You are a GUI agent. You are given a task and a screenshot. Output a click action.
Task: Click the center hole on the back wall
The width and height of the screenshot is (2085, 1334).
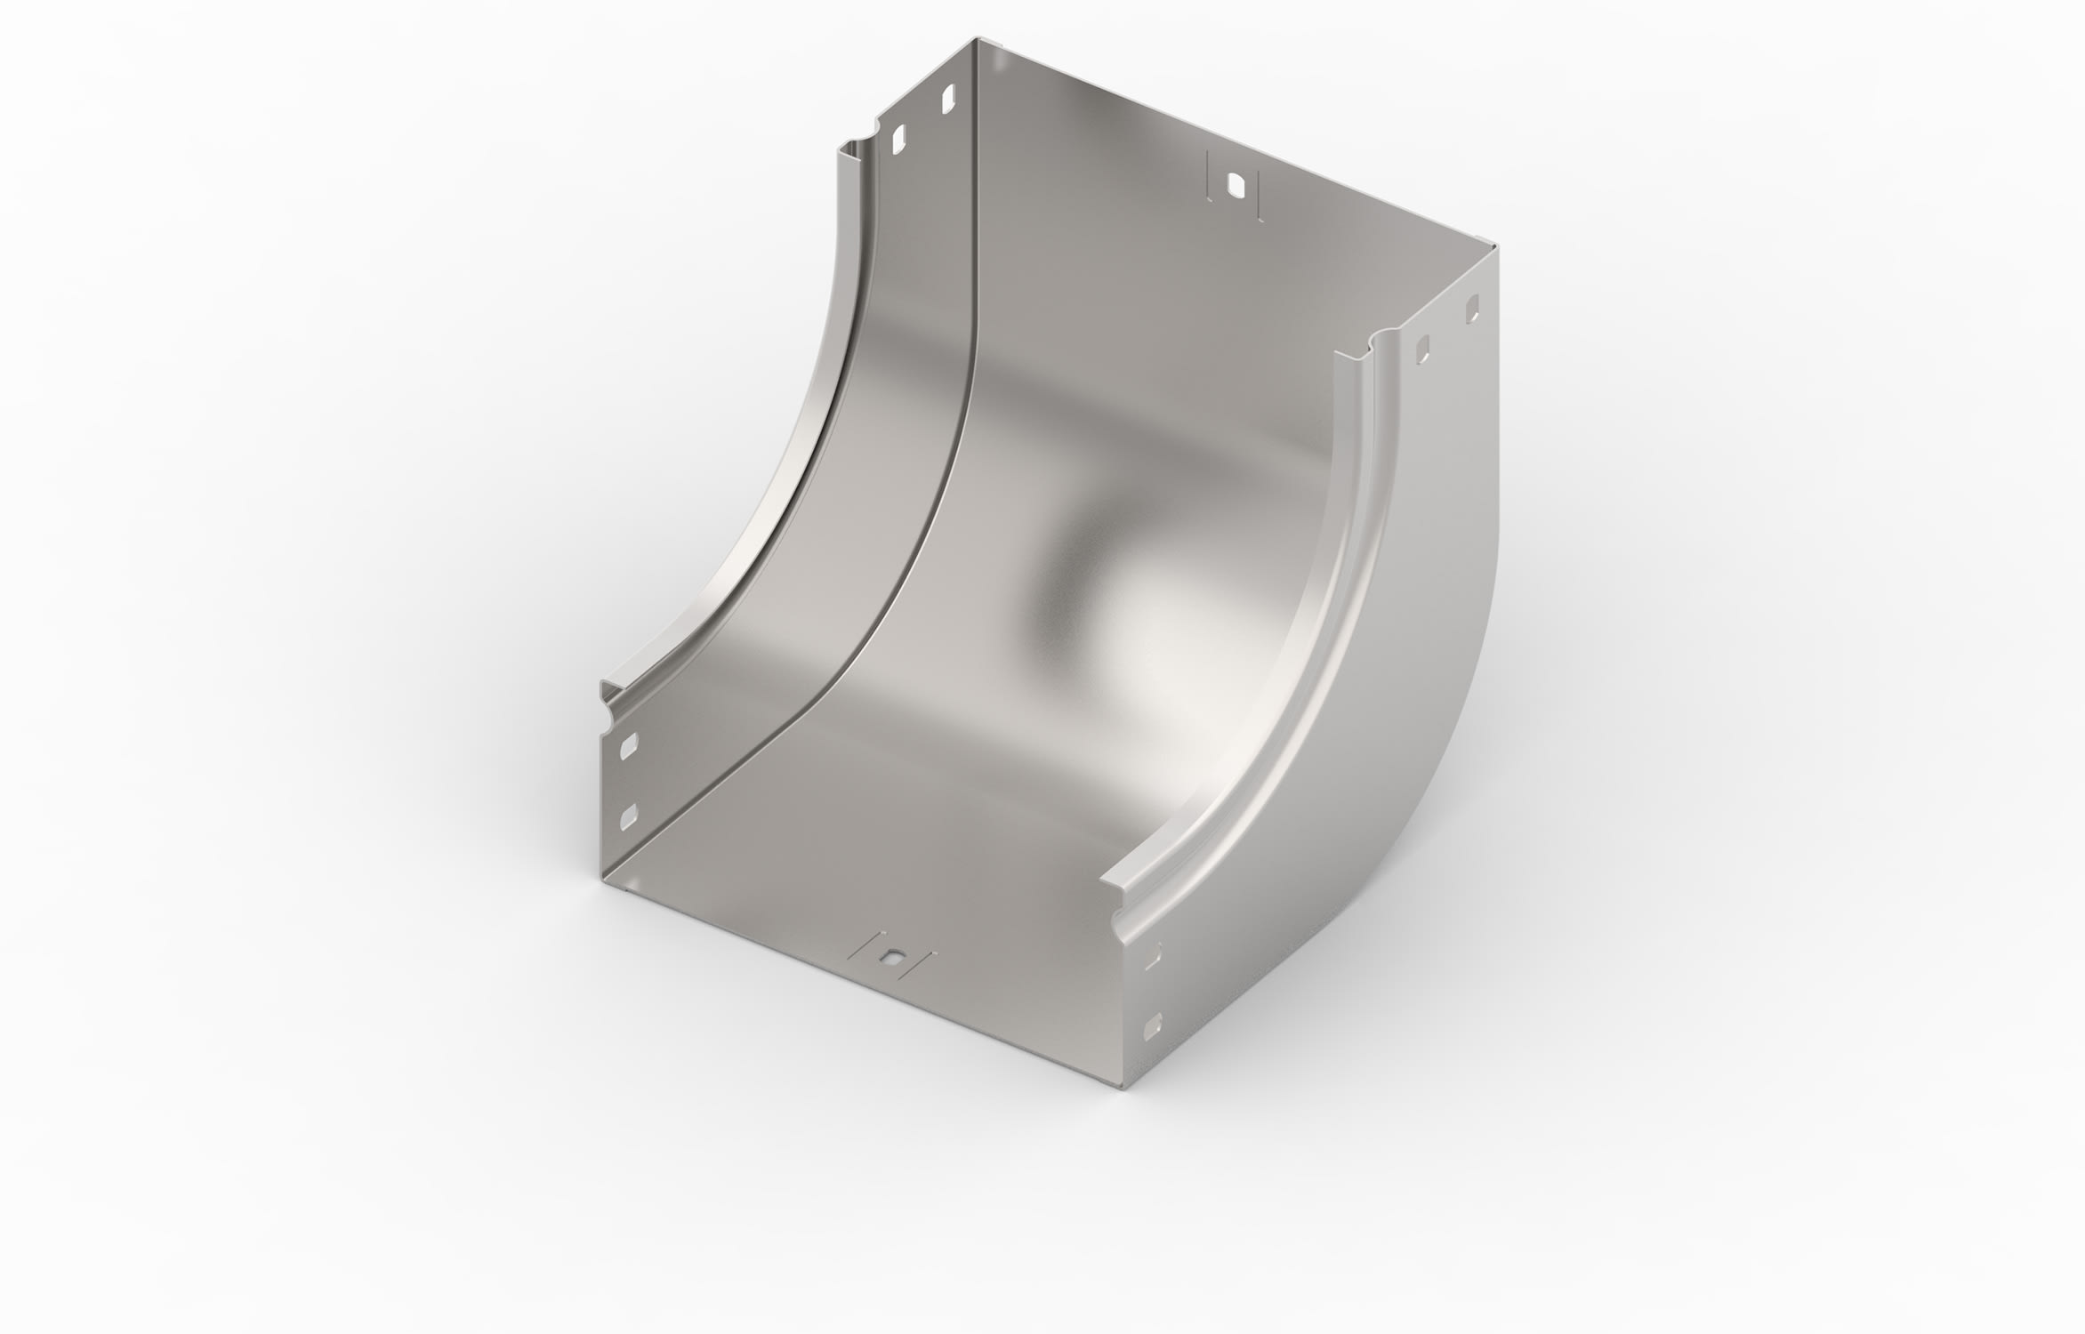click(x=1236, y=186)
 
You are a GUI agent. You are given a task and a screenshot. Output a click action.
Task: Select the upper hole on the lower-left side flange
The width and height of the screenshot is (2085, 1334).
click(x=629, y=745)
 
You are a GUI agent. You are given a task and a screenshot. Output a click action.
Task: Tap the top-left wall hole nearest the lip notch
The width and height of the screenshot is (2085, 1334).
click(x=1165, y=138)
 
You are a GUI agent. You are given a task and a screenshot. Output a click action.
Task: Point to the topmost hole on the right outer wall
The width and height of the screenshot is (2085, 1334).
click(x=1472, y=309)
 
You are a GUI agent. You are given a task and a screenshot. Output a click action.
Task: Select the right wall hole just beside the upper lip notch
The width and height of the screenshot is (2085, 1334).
click(x=1422, y=350)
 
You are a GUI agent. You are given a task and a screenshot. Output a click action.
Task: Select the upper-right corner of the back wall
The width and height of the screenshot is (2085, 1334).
click(x=1495, y=250)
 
